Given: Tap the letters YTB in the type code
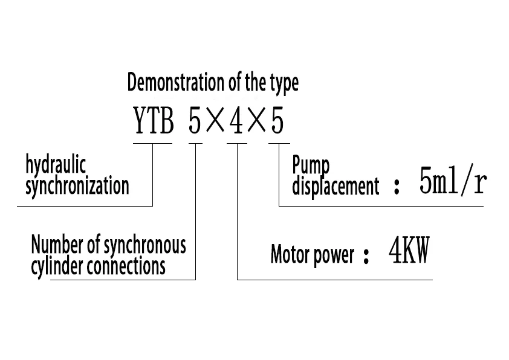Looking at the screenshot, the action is tap(154, 123).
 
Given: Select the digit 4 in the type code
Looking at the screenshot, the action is tap(237, 123).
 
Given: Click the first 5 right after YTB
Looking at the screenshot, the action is tap(195, 123).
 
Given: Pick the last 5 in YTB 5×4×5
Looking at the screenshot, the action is tap(277, 123).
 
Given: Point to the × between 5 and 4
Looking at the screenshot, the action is tap(216, 123).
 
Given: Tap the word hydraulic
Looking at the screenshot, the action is tap(56, 165).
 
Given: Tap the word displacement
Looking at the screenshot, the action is tap(336, 186).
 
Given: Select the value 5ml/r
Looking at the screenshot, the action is tap(453, 182).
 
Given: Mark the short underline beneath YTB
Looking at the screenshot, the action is tap(152, 143).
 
